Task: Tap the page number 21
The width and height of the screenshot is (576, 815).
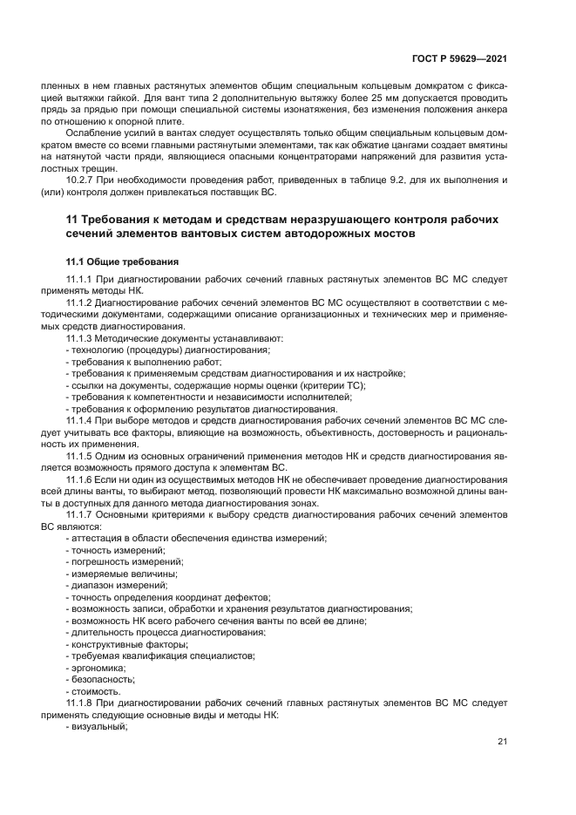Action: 502,742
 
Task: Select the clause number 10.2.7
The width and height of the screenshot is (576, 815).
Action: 83,180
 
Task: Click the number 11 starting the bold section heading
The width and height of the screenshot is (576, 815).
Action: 72,218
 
